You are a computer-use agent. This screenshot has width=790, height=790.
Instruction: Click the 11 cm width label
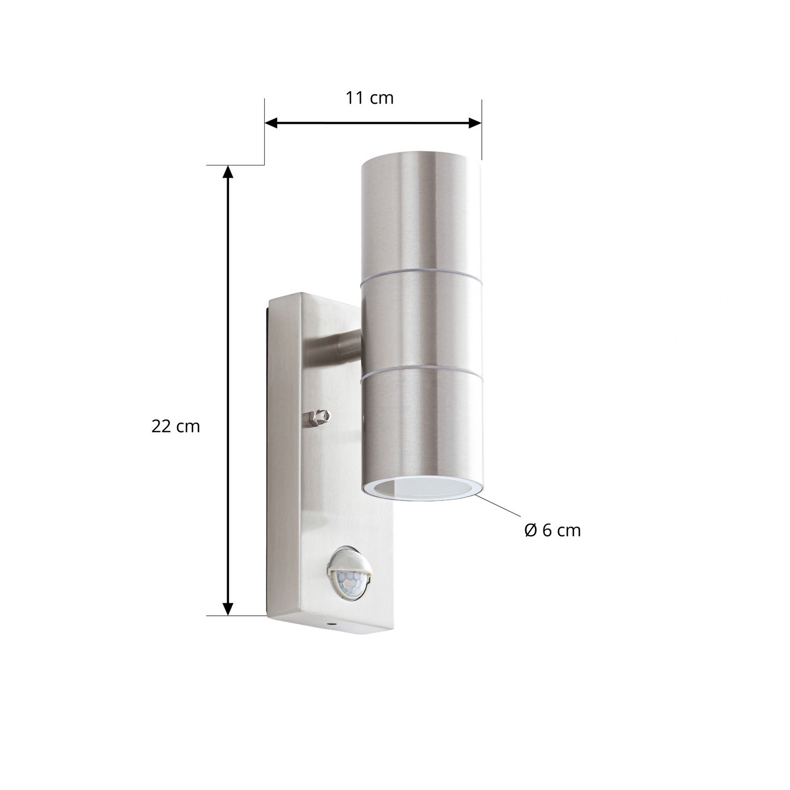(x=369, y=98)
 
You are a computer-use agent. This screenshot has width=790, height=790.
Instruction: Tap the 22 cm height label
(x=175, y=427)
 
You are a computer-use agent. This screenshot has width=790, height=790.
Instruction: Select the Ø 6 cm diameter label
(x=552, y=530)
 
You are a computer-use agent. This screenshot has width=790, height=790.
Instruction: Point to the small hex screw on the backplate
(x=319, y=419)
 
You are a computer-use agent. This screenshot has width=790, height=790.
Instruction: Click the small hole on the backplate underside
(x=330, y=626)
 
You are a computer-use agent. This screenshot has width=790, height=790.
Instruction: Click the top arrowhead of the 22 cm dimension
(x=228, y=171)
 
